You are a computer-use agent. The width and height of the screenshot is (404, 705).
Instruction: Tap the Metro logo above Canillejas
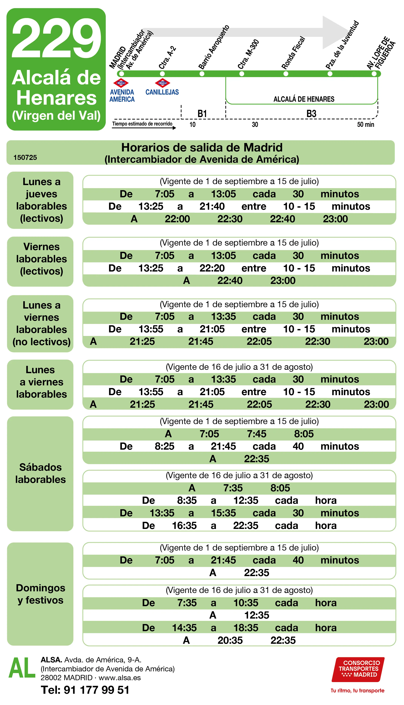162,83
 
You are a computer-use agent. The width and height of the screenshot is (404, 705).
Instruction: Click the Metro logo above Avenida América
121,83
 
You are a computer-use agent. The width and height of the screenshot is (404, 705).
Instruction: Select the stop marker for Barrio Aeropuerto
202,74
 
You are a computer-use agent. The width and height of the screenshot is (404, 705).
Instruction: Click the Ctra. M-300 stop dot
242,74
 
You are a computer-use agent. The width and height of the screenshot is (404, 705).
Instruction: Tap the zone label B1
202,114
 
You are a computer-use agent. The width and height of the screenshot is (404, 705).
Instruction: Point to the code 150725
25,158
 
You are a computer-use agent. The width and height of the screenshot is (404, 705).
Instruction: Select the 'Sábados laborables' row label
41,473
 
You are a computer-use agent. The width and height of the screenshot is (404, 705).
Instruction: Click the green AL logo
22,668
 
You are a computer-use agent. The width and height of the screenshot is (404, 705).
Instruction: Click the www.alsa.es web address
120,678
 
